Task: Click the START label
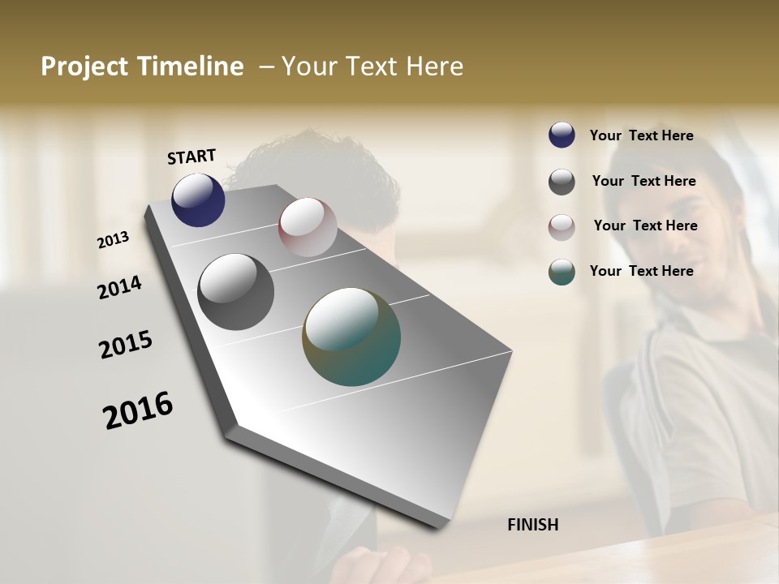(192, 157)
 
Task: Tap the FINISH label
(532, 525)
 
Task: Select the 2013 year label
(114, 240)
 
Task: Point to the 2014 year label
(119, 288)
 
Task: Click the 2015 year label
(126, 345)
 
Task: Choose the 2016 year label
(138, 410)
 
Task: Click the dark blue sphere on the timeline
(198, 200)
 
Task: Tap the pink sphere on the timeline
(308, 227)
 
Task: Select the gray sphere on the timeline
(235, 292)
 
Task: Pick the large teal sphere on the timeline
(351, 337)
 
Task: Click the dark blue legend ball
(562, 135)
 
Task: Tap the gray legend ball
(562, 182)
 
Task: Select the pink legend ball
(562, 227)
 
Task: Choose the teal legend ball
(562, 272)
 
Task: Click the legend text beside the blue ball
(641, 136)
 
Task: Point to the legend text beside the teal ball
(641, 271)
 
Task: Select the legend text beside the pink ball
(645, 225)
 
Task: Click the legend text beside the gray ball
(643, 181)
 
